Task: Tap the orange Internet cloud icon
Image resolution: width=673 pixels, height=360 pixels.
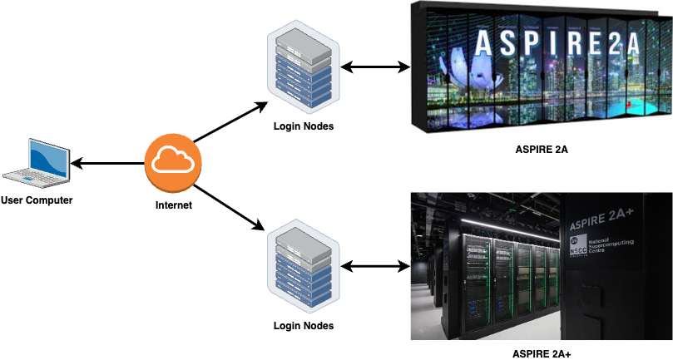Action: coord(174,164)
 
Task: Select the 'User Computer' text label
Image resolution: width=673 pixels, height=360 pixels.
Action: coord(37,200)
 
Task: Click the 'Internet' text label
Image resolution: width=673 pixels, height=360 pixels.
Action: coord(174,205)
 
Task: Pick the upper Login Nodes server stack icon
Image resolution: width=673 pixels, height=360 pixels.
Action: coord(304,71)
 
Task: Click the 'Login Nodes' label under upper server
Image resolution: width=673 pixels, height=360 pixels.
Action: coord(304,126)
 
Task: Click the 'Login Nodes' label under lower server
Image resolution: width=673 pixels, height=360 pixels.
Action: coord(304,325)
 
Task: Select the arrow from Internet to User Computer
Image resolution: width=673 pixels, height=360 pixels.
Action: coord(108,163)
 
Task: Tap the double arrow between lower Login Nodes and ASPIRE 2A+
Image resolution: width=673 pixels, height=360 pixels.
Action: coord(376,267)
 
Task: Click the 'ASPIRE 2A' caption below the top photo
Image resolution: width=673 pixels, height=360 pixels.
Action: coord(541,150)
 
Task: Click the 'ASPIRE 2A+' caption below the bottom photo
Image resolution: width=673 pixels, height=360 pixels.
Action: coord(541,353)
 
